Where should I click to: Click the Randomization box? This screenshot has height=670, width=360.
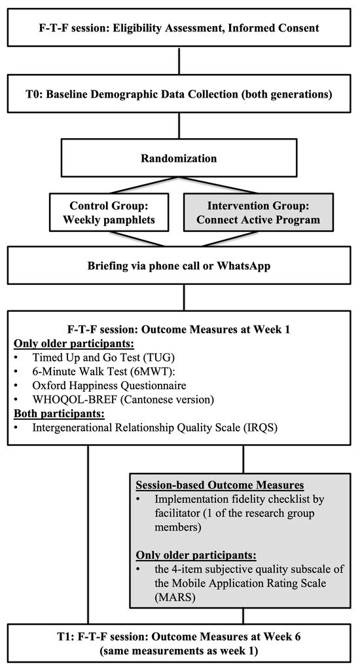[x=179, y=158]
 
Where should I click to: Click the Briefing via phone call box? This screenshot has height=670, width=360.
[x=179, y=266]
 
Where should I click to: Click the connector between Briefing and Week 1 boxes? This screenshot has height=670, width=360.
[x=185, y=296]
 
